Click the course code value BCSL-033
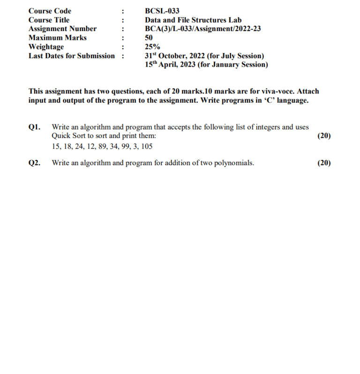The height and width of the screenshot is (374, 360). (x=162, y=11)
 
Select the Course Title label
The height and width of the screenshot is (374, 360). (x=49, y=20)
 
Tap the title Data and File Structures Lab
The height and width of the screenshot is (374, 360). (x=193, y=20)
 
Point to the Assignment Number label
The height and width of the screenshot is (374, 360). (x=62, y=29)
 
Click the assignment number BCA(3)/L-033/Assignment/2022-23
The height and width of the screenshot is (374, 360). (x=203, y=29)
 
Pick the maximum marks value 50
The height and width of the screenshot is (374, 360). (x=149, y=38)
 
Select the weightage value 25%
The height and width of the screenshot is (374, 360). (x=152, y=46)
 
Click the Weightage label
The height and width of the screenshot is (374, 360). (x=46, y=46)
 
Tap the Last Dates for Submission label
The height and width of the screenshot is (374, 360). (x=71, y=56)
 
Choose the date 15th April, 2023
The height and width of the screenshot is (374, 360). (x=170, y=65)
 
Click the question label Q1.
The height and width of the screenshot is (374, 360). (x=34, y=127)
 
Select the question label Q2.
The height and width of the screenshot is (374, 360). (x=34, y=163)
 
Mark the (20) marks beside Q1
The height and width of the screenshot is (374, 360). (x=324, y=136)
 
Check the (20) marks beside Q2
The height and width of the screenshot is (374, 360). (x=324, y=163)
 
